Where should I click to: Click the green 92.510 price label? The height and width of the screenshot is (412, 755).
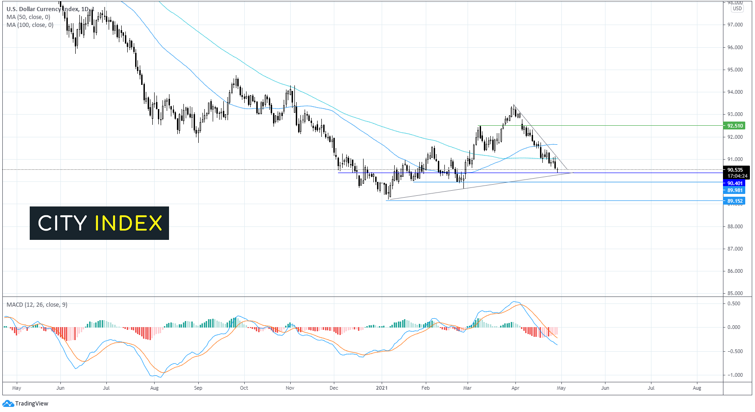735,126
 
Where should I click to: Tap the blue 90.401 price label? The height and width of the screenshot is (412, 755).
735,183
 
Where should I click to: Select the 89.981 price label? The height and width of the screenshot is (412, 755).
735,190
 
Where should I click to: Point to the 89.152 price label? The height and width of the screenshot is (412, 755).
735,201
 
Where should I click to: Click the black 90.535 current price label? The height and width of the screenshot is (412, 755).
735,170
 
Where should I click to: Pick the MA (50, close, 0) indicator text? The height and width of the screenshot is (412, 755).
28,17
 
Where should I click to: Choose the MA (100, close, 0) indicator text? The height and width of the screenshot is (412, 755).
30,25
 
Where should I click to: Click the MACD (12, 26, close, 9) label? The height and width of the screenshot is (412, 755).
37,305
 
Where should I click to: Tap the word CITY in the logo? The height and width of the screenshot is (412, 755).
62,223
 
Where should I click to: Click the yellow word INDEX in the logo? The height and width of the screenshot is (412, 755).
129,223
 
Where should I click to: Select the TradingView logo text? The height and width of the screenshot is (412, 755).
32,404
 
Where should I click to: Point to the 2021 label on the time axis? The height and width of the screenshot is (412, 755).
382,388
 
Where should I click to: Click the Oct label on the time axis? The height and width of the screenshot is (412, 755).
244,388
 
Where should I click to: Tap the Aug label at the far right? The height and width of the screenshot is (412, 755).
697,388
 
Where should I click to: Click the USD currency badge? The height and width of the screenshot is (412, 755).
737,9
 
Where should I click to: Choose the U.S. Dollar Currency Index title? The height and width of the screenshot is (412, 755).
42,9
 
